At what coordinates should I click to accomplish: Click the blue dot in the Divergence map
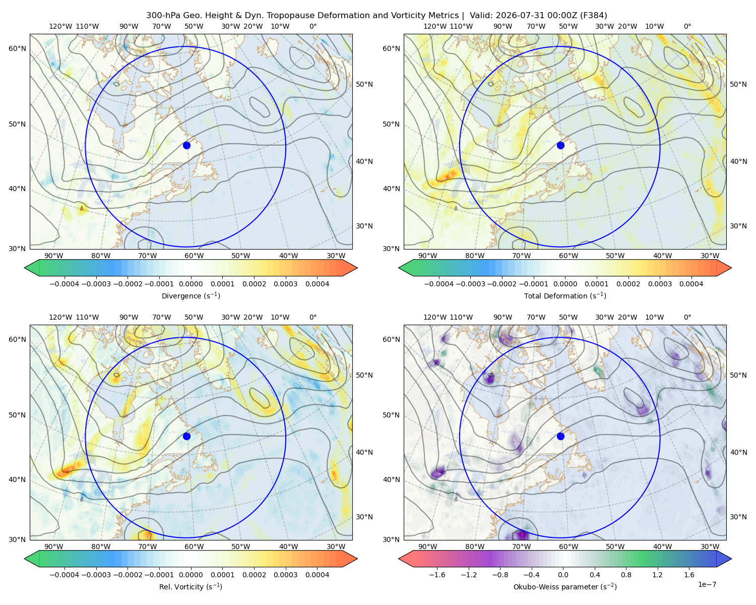[x=186, y=145]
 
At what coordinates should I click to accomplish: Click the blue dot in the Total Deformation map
[x=560, y=145]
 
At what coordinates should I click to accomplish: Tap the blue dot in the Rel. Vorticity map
[x=186, y=436]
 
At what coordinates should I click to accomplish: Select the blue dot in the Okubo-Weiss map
[x=560, y=436]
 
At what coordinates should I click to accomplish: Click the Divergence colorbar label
[x=191, y=295]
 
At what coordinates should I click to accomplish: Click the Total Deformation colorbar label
[x=565, y=295]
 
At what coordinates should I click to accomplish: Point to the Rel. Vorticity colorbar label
[x=191, y=586]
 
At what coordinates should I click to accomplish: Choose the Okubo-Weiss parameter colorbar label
[x=565, y=586]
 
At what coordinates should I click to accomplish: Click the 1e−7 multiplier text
[x=707, y=584]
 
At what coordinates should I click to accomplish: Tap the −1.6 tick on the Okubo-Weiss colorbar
[x=437, y=574]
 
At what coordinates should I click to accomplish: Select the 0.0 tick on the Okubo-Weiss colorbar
[x=563, y=574]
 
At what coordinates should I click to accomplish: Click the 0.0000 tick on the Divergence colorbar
[x=191, y=284]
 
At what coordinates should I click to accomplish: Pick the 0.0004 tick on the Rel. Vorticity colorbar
[x=317, y=574]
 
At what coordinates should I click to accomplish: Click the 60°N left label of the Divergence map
[x=17, y=48]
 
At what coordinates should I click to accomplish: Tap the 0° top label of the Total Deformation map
[x=687, y=26]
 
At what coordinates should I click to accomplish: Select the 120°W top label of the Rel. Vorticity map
[x=60, y=317]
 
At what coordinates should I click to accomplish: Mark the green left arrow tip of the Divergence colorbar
[x=25, y=268]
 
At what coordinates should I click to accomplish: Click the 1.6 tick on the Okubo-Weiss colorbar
[x=689, y=574]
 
